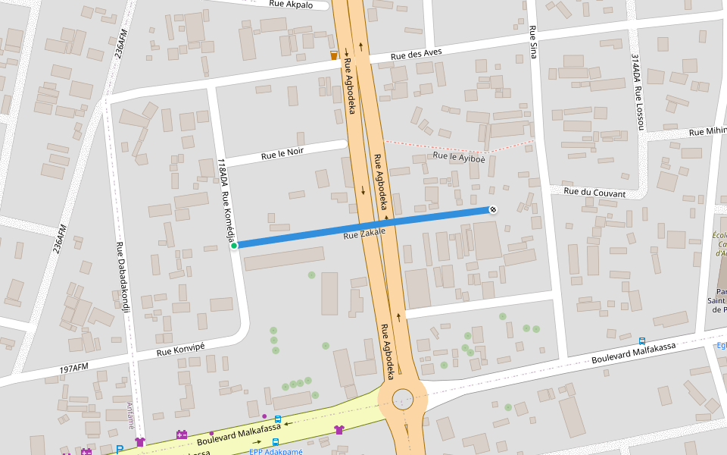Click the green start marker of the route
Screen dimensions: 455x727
(x=234, y=245)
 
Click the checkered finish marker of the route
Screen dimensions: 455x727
(x=493, y=209)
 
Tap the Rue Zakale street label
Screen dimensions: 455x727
(x=365, y=234)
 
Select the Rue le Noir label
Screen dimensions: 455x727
(x=282, y=153)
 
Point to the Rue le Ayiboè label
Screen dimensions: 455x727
(x=459, y=158)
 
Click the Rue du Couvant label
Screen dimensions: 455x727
(x=594, y=193)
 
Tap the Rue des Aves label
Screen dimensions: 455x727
(x=416, y=55)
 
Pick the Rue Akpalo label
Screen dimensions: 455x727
(x=291, y=4)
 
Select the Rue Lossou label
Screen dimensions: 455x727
(x=639, y=107)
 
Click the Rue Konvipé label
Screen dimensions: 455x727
(x=180, y=350)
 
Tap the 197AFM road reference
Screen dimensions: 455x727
(x=74, y=369)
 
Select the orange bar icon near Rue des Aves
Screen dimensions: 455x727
(x=334, y=55)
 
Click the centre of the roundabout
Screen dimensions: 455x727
(x=402, y=397)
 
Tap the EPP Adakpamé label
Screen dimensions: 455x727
(x=276, y=452)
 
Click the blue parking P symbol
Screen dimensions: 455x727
(x=120, y=450)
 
